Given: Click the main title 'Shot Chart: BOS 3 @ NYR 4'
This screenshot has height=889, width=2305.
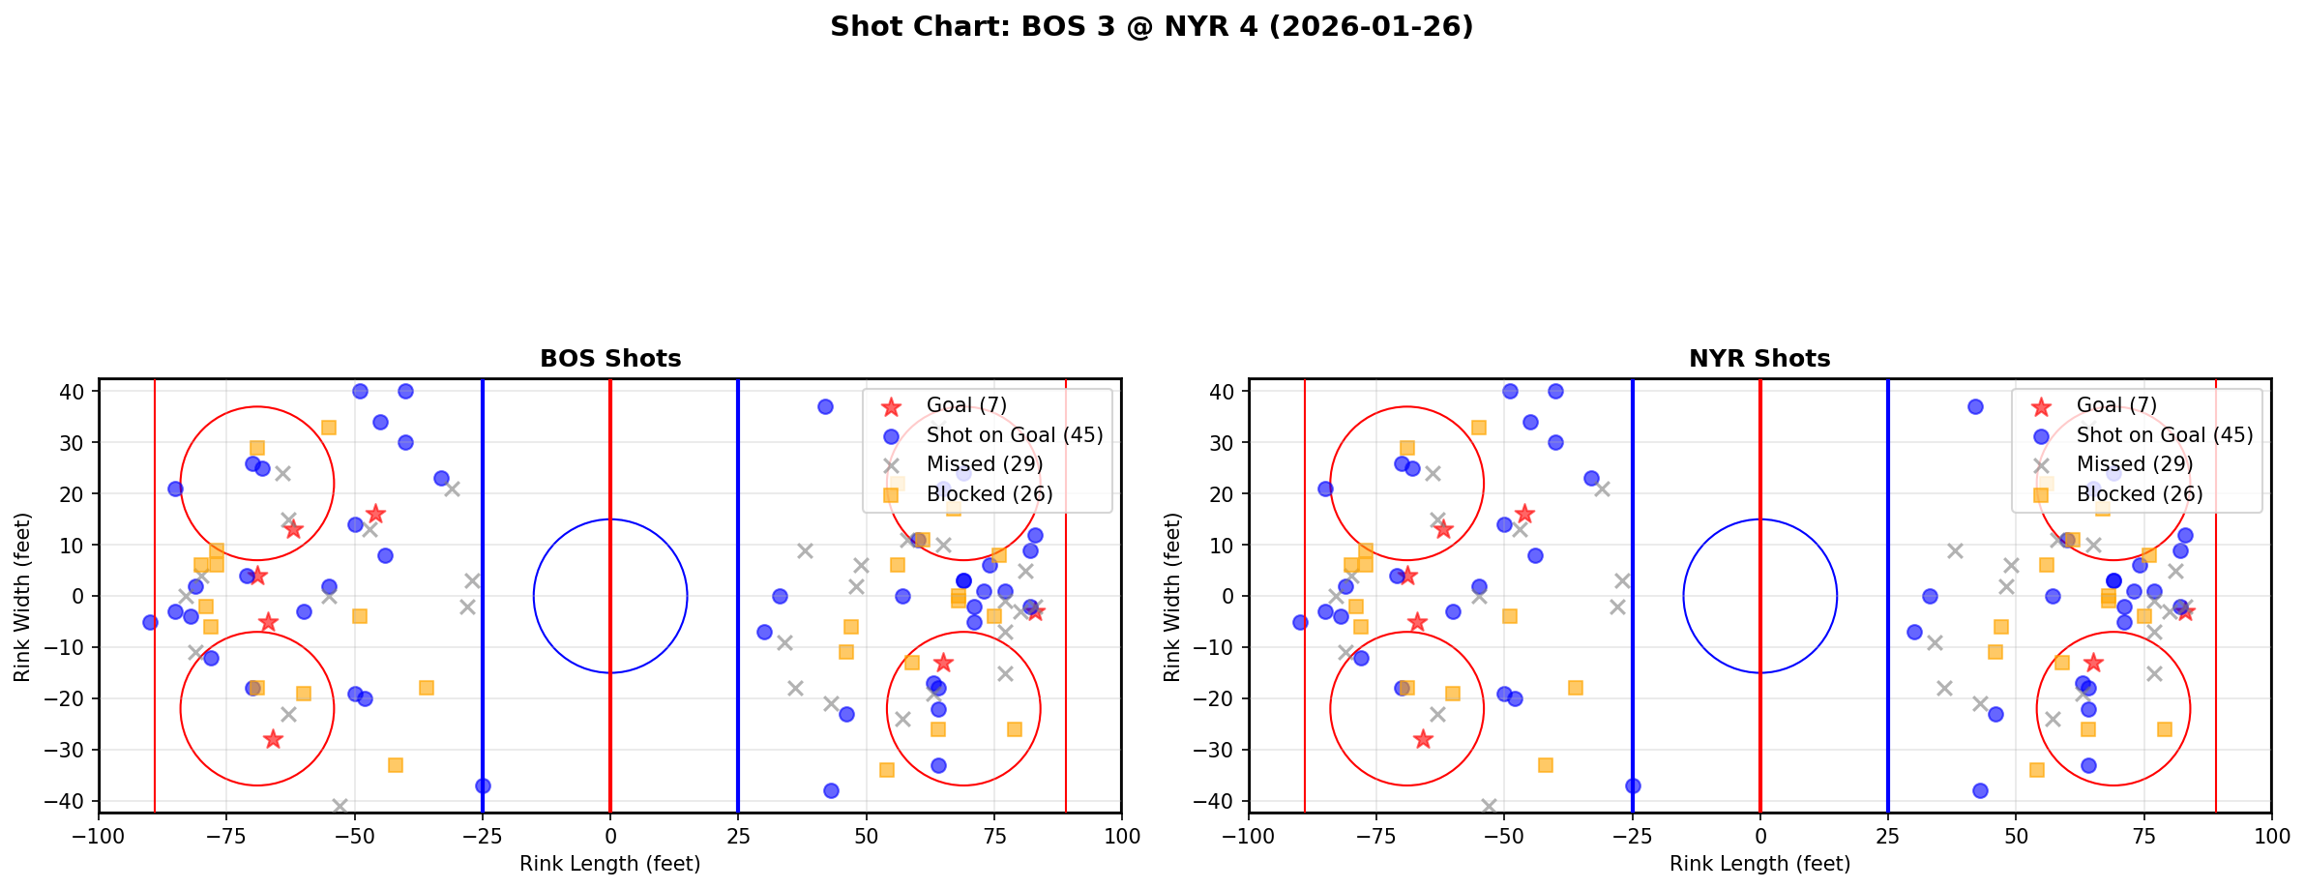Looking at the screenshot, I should click(x=1151, y=27).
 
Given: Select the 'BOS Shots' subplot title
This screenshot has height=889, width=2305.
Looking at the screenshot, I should click(x=610, y=359).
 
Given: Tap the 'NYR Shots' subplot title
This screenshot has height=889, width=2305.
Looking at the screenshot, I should click(x=1759, y=359).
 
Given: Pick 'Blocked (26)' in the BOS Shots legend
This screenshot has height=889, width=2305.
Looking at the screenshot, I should click(x=989, y=494).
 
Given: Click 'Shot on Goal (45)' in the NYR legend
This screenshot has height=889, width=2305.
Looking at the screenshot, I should click(x=2164, y=435).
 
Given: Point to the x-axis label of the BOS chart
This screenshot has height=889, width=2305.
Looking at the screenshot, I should click(x=610, y=864).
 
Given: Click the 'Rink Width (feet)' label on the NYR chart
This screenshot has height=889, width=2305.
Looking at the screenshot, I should click(x=1172, y=596).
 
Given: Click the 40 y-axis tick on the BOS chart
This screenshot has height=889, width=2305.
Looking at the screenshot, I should click(x=78, y=392).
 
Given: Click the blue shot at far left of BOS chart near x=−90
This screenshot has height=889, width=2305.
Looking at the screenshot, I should click(x=150, y=622).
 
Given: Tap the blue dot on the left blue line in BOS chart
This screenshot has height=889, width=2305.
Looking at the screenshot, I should click(x=483, y=785).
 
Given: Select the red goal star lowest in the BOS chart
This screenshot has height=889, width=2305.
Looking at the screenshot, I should click(x=273, y=739).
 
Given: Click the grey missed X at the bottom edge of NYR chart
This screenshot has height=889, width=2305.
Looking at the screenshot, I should click(x=1489, y=806).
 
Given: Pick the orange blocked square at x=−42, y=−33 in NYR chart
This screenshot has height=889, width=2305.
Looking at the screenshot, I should click(x=1545, y=765).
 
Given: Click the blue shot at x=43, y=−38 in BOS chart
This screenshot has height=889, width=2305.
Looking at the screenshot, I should click(x=830, y=790).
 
